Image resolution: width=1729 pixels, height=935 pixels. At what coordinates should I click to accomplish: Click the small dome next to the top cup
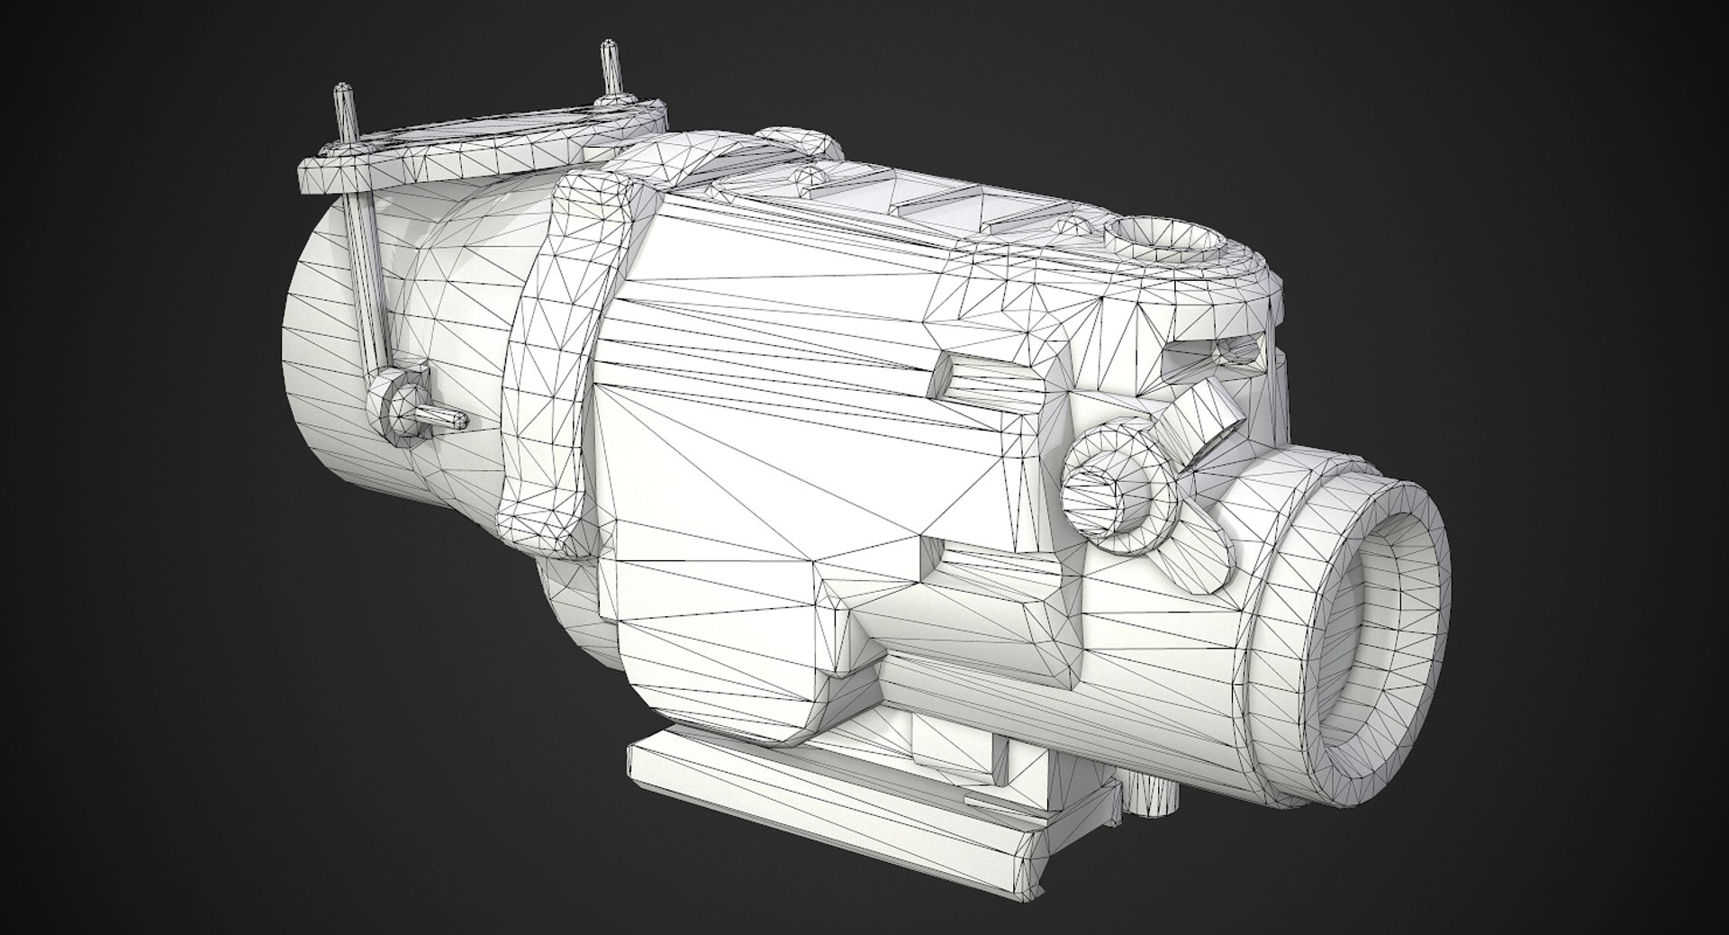(1075, 224)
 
